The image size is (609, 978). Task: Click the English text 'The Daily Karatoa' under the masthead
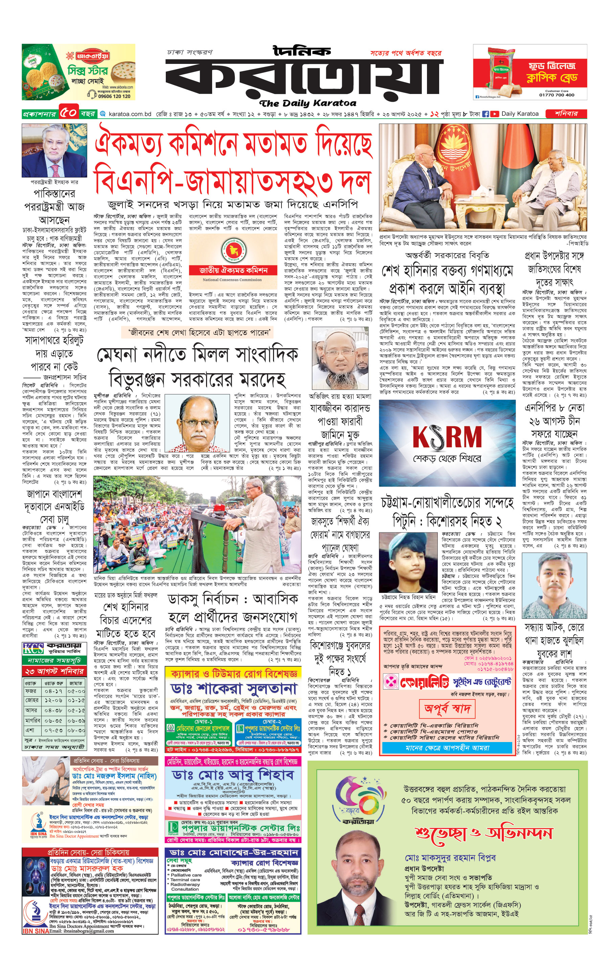pyautogui.click(x=308, y=103)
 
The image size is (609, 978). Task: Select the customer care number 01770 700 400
pyautogui.click(x=556, y=95)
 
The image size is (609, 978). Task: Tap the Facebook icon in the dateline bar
pyautogui.click(x=486, y=114)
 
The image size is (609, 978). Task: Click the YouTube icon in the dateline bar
pyautogui.click(x=494, y=114)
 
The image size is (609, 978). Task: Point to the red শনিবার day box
pyautogui.click(x=566, y=114)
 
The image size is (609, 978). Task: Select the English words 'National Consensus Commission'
pyautogui.click(x=232, y=280)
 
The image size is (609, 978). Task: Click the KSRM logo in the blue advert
pyautogui.click(x=447, y=437)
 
